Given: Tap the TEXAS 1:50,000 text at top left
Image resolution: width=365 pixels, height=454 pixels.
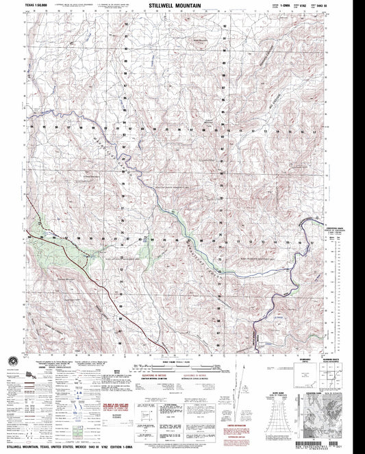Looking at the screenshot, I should (37, 5).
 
